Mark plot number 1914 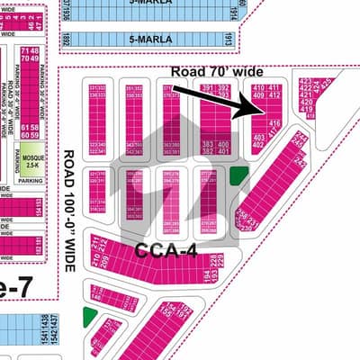click(x=233, y=13)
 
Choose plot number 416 click(x=275, y=123)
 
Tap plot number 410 click(x=259, y=87)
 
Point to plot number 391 click(x=208, y=87)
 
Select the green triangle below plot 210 click(x=88, y=316)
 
